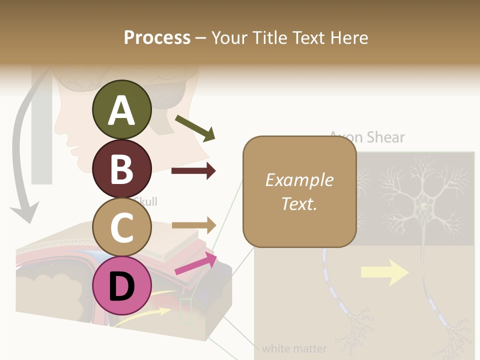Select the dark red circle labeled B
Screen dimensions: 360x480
point(121,168)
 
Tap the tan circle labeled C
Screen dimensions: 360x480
point(121,227)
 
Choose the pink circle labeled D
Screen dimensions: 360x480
point(121,285)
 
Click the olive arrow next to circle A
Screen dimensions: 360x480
point(195,128)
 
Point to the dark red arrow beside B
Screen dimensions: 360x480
point(193,171)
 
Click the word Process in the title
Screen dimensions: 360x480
point(157,37)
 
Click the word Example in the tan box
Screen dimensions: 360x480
point(299,180)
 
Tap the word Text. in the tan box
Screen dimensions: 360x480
point(299,203)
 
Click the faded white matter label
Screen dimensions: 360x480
point(294,348)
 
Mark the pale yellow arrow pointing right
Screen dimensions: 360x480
point(384,272)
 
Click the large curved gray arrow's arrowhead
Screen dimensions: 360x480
point(24,212)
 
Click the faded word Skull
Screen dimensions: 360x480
point(146,202)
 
